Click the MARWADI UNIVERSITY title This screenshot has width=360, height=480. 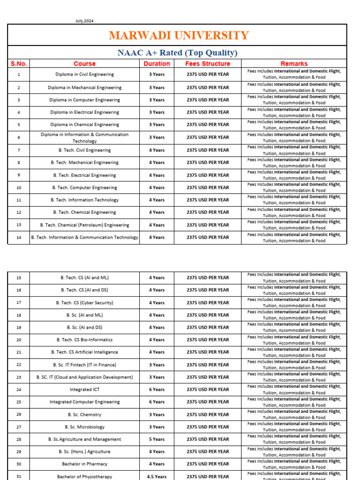tap(178, 36)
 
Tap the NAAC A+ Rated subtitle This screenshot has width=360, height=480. tap(177, 52)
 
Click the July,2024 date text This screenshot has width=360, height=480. tap(84, 21)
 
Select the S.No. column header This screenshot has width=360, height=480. tap(19, 64)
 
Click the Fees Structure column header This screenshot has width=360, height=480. tap(208, 64)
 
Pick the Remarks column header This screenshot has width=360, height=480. tap(294, 64)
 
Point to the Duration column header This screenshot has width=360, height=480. tap(157, 64)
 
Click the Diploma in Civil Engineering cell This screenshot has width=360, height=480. tap(84, 75)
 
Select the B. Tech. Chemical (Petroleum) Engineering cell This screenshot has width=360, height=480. tap(84, 225)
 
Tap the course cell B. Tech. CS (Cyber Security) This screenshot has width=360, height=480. tap(84, 303)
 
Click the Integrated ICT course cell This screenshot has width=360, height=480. tap(84, 390)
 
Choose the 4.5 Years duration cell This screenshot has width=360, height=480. tap(157, 476)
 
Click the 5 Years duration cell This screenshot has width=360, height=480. tap(157, 439)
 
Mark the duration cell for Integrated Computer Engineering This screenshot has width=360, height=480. tap(157, 402)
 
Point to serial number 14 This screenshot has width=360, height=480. tap(19, 238)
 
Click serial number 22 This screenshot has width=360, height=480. tap(19, 365)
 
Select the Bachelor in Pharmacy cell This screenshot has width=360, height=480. tap(84, 464)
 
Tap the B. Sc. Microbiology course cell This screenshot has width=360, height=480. tap(84, 427)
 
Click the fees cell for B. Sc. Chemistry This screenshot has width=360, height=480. tap(208, 415)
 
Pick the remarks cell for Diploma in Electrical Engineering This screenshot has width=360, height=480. tap(294, 112)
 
